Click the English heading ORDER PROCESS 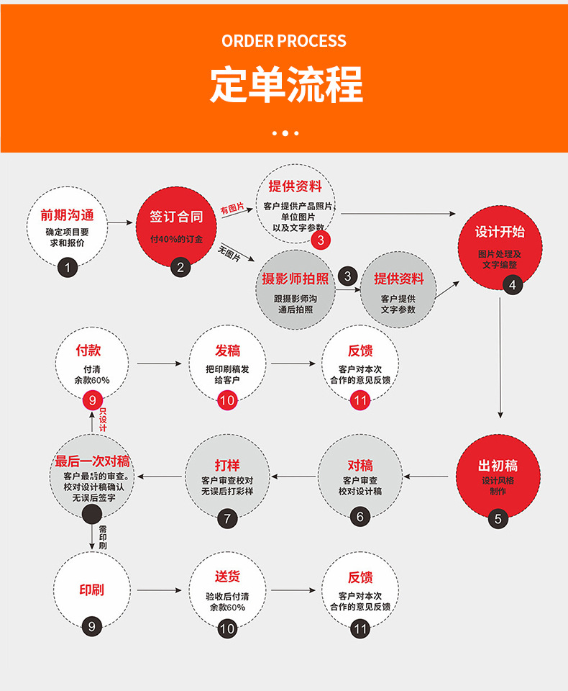[283, 41]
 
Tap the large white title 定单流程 [285, 85]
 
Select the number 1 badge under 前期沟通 [67, 268]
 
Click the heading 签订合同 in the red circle [176, 216]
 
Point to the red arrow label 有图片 [232, 208]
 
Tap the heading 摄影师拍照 [295, 279]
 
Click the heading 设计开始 [500, 232]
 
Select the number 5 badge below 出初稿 [498, 518]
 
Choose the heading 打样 [227, 465]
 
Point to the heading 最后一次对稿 [92, 461]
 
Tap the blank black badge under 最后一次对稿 [92, 514]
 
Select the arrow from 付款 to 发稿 [159, 363]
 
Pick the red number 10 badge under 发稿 [227, 400]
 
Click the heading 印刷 [91, 590]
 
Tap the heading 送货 [227, 577]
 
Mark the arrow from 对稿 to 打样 [293, 476]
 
